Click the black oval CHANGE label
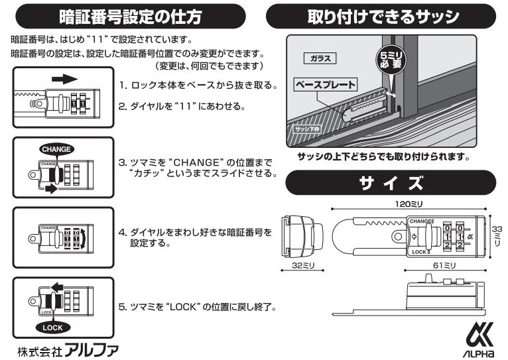point(56,149)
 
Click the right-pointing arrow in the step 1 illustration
point(60,80)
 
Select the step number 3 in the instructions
point(122,162)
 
